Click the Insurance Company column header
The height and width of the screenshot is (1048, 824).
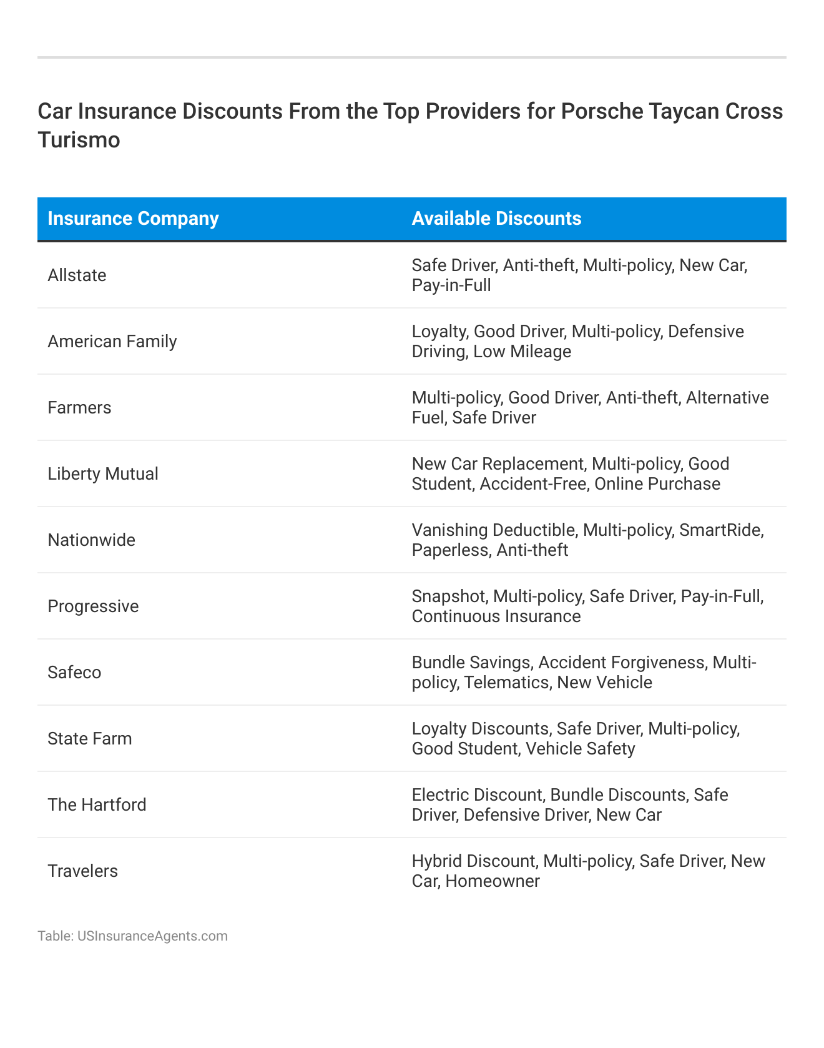(133, 219)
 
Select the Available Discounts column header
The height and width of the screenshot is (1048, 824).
(496, 219)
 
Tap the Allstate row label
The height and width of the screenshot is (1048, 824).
(77, 275)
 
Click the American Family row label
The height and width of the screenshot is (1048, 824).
(112, 342)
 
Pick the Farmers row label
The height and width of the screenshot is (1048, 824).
(79, 408)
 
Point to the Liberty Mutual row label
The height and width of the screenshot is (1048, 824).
(103, 474)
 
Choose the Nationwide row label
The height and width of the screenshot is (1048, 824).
(91, 540)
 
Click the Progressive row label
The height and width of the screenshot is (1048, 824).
(93, 606)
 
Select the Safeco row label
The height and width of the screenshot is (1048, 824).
(74, 673)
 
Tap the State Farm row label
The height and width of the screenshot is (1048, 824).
(90, 739)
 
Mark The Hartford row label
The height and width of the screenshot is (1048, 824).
(97, 805)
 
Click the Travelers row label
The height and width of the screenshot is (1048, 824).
(82, 871)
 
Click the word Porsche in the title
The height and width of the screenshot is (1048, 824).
(602, 111)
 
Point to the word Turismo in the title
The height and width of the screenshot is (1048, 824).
(79, 139)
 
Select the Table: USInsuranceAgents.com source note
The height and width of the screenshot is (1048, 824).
(132, 936)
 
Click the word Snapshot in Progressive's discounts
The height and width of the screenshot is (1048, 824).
(449, 596)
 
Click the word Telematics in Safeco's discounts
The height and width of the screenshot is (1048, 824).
(506, 683)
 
